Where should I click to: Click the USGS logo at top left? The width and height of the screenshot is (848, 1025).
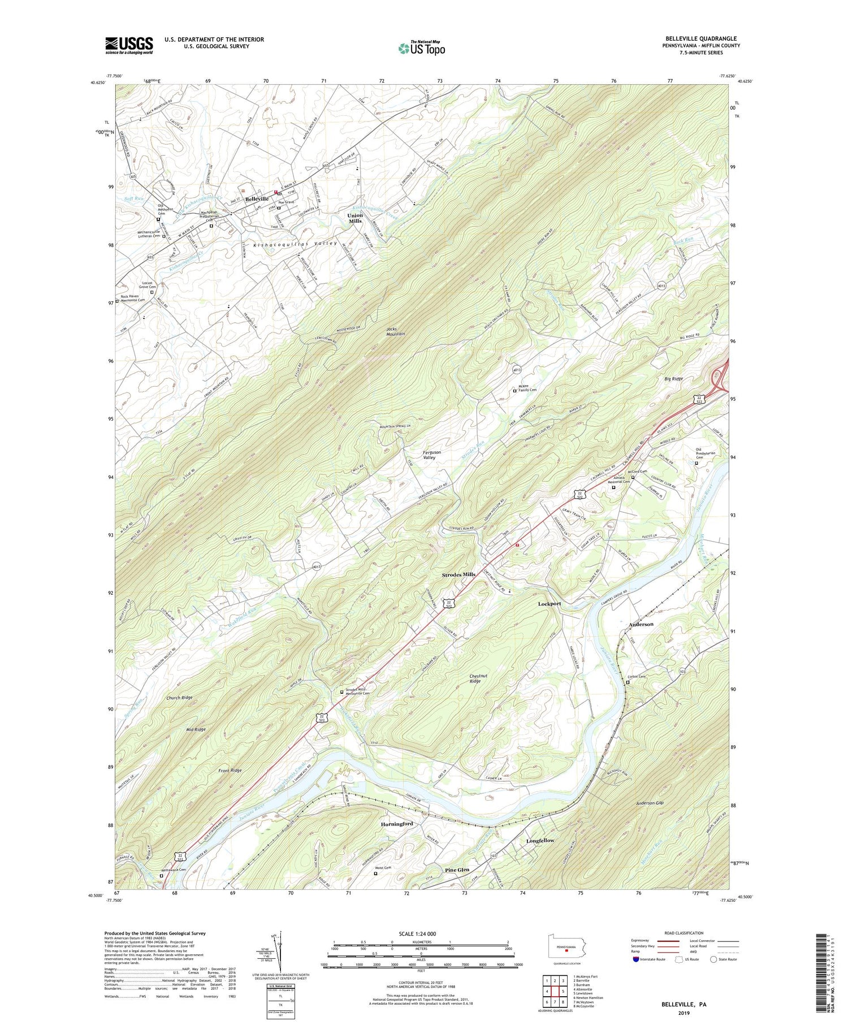[129, 45]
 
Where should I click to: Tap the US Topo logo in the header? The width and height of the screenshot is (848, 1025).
[421, 48]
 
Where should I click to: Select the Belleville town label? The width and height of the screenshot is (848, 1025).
[256, 200]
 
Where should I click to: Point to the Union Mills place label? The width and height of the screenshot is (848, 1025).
[354, 218]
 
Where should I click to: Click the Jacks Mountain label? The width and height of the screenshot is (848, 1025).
[395, 331]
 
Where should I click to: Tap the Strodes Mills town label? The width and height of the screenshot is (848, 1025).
[458, 574]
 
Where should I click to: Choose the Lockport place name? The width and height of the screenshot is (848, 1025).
[549, 604]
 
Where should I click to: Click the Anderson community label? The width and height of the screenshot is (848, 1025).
[641, 624]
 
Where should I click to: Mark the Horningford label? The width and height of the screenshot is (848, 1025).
[396, 824]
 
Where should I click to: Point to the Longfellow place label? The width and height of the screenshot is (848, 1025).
[540, 841]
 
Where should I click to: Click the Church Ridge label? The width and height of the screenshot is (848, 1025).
[179, 698]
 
